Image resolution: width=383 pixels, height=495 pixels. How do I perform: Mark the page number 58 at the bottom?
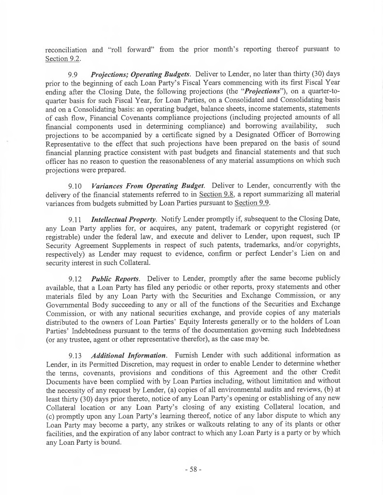[191, 469]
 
